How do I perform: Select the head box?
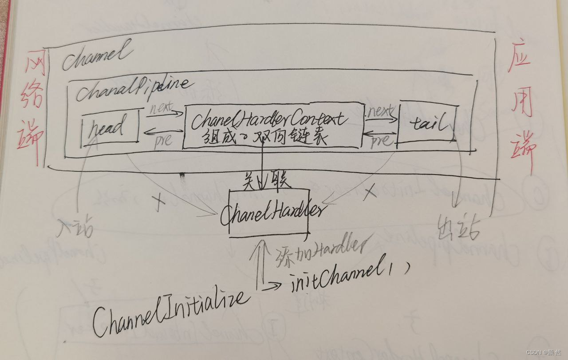[110, 127]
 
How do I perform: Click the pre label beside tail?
[380, 140]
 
